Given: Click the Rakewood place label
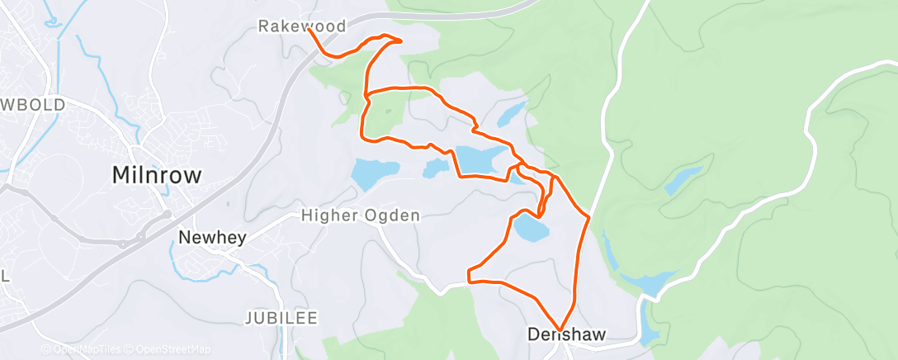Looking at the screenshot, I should (x=301, y=26).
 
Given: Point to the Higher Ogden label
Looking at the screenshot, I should (x=361, y=216).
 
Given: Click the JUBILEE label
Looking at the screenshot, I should (x=281, y=318).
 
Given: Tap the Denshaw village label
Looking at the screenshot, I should (x=566, y=334).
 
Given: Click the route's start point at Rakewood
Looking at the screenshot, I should (x=309, y=31).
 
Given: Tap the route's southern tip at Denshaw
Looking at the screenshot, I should (x=560, y=330).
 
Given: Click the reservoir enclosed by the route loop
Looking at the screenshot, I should (x=530, y=228).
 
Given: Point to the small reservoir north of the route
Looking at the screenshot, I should (x=512, y=111).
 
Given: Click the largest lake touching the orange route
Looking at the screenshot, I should (x=481, y=159).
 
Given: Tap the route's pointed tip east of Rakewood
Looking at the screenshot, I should (x=401, y=40).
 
